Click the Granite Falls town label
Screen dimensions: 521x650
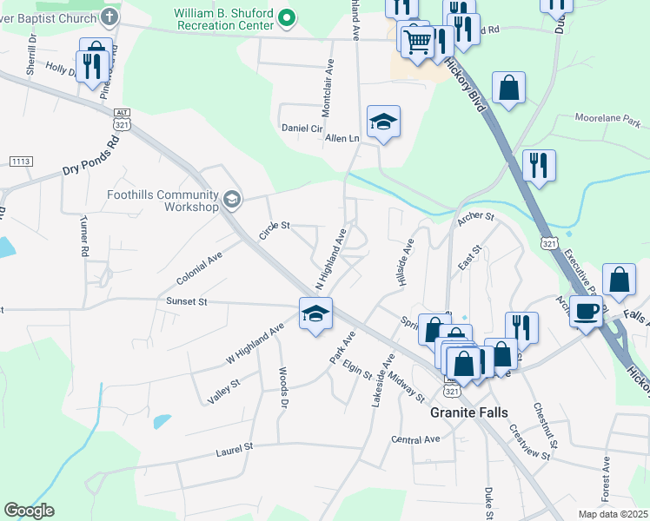pos(470,413)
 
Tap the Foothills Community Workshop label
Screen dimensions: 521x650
pos(162,201)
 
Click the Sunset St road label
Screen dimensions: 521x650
pos(187,302)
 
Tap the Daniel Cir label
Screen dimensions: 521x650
pos(302,128)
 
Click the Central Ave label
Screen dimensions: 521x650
pos(415,439)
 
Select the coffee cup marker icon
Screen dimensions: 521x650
pos(587,311)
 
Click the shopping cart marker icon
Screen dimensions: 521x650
pos(418,40)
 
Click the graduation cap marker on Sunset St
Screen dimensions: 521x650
pos(315,313)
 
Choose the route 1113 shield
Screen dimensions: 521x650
pos(20,162)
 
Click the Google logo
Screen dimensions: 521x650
pos(29,511)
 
